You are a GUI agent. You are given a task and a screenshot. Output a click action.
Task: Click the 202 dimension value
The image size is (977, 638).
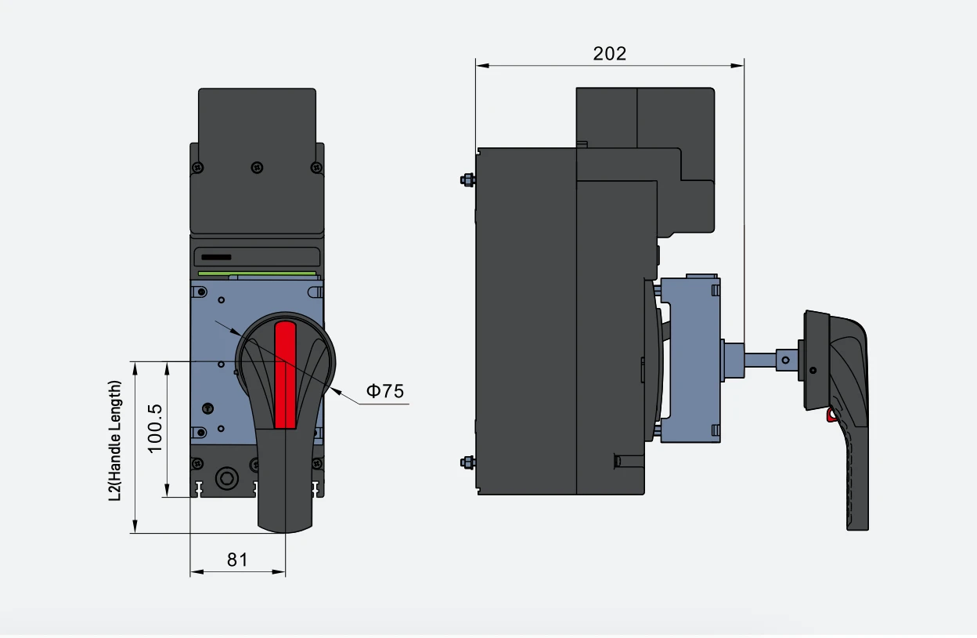tap(609, 54)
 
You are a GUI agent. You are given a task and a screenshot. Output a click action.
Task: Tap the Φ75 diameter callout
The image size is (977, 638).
tap(385, 391)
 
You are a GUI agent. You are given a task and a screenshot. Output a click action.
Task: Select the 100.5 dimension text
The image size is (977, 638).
tap(155, 429)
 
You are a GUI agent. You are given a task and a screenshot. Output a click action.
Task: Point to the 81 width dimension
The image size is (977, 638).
tap(237, 560)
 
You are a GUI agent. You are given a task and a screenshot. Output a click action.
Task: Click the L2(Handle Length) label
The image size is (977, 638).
tap(115, 440)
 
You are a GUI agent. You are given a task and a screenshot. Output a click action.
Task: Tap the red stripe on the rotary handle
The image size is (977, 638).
tap(285, 375)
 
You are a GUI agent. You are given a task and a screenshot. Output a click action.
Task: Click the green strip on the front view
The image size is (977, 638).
tap(258, 274)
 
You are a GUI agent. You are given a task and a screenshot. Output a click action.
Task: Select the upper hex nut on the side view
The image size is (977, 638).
tap(468, 179)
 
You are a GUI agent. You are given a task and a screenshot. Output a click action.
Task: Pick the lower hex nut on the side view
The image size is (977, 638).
tap(468, 462)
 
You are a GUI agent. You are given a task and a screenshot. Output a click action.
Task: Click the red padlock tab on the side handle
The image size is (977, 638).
tap(831, 415)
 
